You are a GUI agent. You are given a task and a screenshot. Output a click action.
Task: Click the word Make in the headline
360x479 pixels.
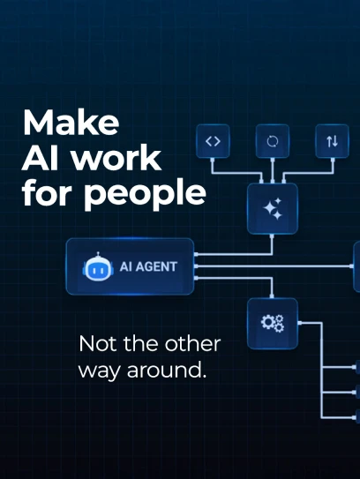coord(71,123)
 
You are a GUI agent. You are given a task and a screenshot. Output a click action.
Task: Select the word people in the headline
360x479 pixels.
coord(145,194)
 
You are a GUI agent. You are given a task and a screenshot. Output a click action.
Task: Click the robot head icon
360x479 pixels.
coord(98,266)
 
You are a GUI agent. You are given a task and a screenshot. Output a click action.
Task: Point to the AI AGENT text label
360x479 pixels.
coord(148,266)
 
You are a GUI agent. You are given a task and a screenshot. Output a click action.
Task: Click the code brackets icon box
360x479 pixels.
coord(213,141)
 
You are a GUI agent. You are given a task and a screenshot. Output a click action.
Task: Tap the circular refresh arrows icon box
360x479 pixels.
coord(273,141)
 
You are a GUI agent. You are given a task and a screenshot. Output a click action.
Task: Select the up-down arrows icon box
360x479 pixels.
coord(332,141)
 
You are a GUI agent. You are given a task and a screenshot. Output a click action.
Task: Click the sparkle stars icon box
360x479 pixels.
coord(273,209)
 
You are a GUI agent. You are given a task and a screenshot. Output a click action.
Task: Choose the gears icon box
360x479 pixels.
coord(273,324)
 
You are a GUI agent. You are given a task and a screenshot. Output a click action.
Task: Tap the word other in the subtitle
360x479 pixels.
coord(192,344)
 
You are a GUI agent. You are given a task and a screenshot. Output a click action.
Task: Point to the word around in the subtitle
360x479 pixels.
coord(167,370)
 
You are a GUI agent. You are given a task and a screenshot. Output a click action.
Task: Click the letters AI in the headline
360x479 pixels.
coord(40,158)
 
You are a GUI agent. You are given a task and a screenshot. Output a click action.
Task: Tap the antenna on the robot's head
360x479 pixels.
coord(98,254)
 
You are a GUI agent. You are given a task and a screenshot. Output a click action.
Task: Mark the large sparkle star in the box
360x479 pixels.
coord(269,208)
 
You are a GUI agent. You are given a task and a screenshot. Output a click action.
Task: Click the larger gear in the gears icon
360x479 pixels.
coord(267,322)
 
